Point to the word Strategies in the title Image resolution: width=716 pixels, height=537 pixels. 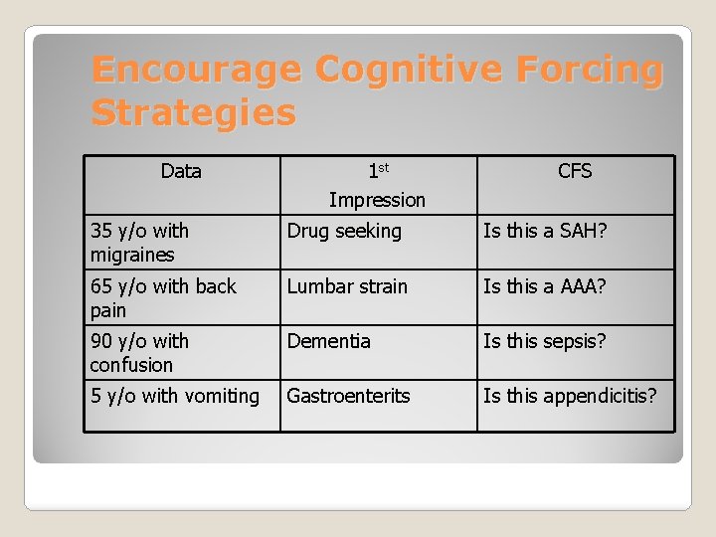click(193, 113)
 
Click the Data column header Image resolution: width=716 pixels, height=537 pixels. click(181, 172)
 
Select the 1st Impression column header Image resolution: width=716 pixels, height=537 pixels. click(377, 186)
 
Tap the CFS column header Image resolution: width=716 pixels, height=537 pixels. click(575, 172)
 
